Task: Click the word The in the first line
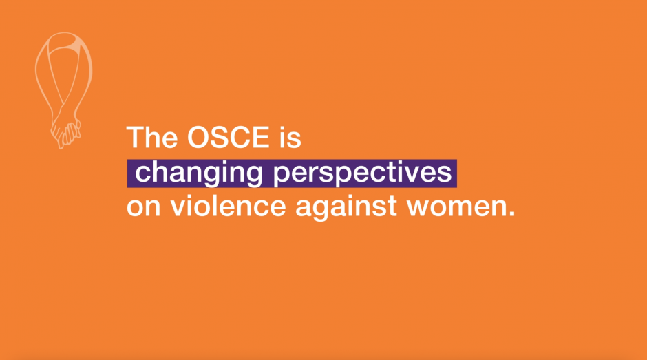click(151, 137)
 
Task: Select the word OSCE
click(228, 137)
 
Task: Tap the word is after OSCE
click(290, 137)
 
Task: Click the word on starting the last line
click(143, 207)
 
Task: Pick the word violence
click(229, 205)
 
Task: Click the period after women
click(511, 213)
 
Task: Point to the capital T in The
click(135, 137)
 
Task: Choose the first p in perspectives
click(282, 176)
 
